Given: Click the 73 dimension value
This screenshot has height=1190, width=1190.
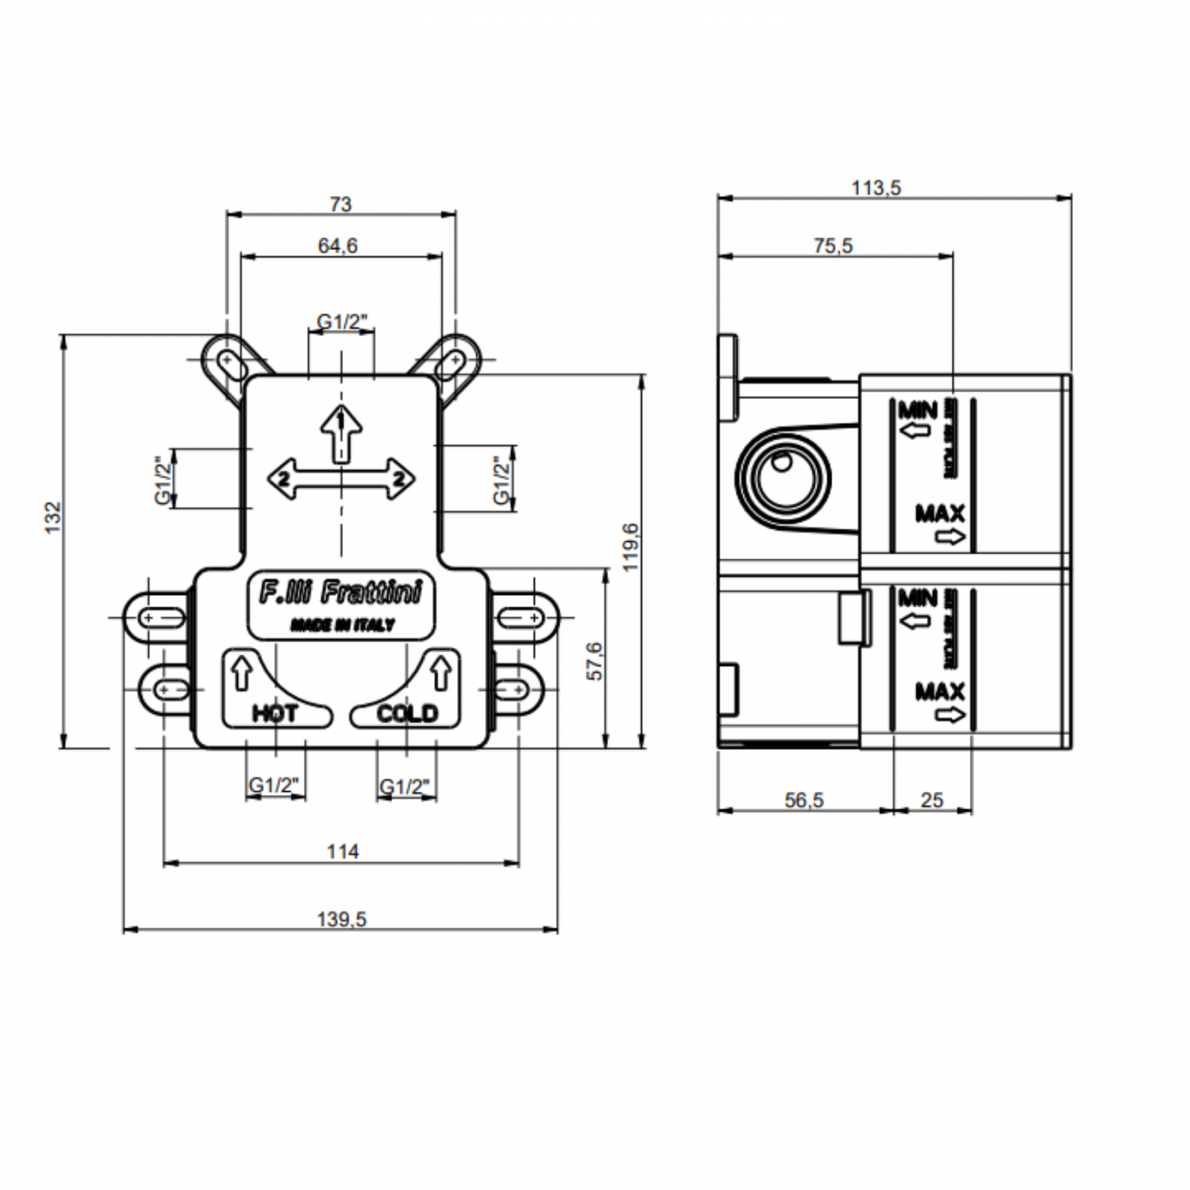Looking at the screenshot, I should point(340,204).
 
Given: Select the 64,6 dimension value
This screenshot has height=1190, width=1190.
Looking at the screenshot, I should point(338,245).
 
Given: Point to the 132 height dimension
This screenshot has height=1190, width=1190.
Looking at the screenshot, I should point(52,517).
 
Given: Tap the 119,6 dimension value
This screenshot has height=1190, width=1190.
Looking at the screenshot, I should point(630,547).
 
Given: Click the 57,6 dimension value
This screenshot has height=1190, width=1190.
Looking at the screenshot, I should point(594,660).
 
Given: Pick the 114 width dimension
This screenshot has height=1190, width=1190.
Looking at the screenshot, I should point(342,851).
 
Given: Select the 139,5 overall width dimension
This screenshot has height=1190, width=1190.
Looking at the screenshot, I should point(341,919).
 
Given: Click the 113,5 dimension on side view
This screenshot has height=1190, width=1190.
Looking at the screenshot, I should point(876,188).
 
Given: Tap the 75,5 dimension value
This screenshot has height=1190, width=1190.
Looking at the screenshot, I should point(833,245).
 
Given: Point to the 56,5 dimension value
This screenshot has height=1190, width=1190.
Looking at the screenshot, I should point(804,800).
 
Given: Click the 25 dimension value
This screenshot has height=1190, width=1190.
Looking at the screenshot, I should point(931,800).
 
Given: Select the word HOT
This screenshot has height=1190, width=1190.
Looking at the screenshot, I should point(274,713).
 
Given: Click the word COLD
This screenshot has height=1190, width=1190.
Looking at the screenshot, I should point(407,713).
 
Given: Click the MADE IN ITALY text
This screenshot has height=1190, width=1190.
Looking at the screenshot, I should point(342,625).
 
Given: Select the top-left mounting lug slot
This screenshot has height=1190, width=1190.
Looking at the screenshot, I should point(225,361).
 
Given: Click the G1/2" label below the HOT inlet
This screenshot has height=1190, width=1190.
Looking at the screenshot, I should point(275,785).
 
